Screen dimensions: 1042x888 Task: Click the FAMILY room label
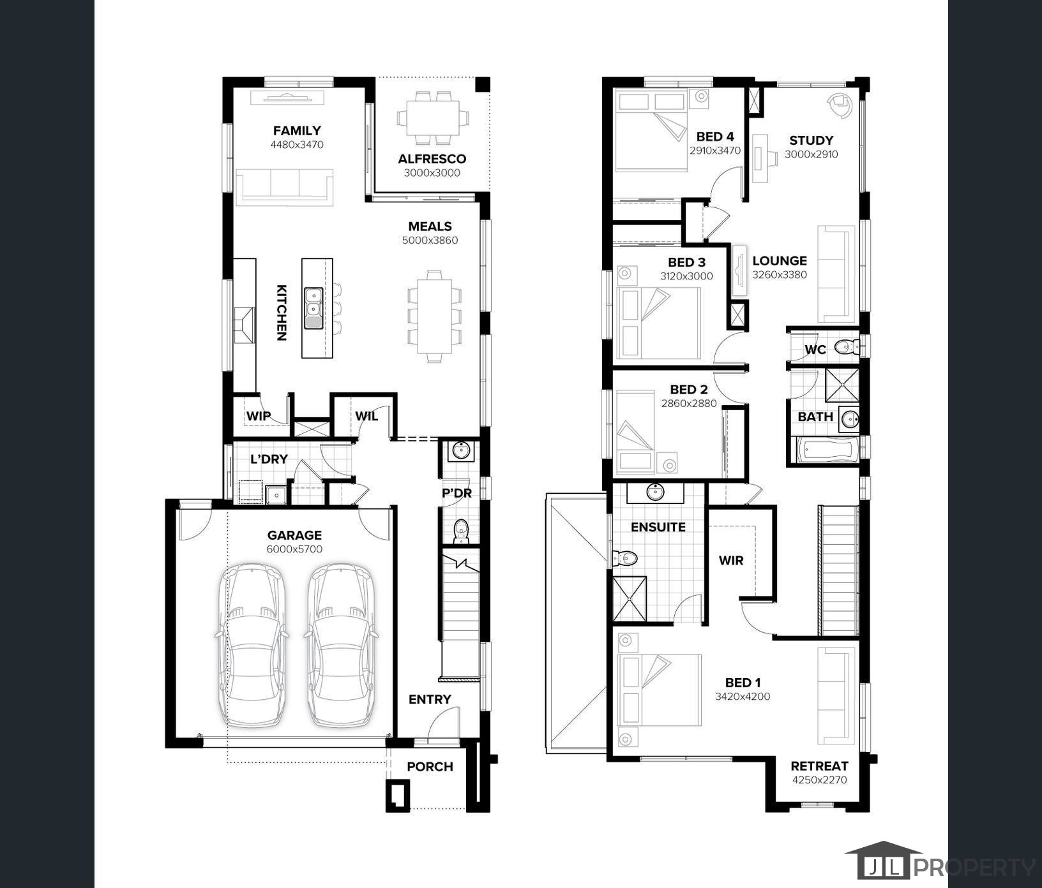click(297, 131)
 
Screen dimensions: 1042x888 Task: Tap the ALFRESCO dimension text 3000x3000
click(432, 173)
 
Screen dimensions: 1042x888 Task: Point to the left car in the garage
click(253, 645)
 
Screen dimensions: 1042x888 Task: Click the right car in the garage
click(341, 645)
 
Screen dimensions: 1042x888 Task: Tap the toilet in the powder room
click(460, 531)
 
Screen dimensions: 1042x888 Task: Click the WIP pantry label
click(259, 416)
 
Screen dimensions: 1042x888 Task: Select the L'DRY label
click(269, 459)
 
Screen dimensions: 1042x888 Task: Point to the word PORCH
click(430, 767)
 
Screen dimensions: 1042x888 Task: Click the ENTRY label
click(430, 699)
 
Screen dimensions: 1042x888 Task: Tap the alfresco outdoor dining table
click(433, 118)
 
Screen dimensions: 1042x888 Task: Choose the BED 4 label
click(715, 137)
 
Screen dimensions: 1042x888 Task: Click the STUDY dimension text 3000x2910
click(811, 154)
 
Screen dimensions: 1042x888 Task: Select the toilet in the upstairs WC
click(847, 348)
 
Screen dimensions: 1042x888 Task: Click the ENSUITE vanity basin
click(655, 492)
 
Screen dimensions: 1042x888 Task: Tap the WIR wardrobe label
click(731, 560)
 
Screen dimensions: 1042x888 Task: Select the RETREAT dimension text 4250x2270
click(819, 780)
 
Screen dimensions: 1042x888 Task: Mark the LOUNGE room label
click(780, 260)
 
